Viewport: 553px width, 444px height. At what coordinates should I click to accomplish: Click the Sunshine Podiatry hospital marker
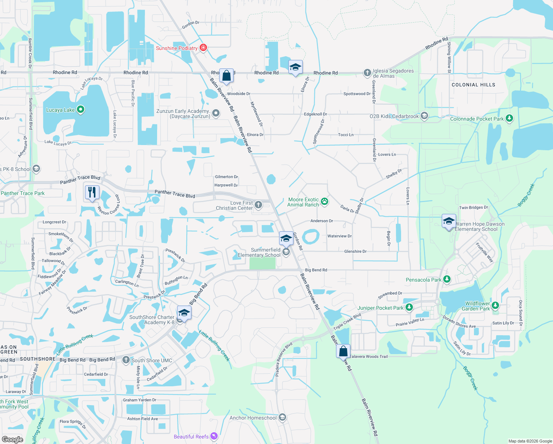(203, 48)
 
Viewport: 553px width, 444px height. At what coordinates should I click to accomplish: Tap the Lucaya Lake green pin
(81, 110)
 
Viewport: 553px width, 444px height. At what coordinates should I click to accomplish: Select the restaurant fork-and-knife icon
(92, 192)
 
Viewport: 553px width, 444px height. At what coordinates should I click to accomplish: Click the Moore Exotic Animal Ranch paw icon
(325, 202)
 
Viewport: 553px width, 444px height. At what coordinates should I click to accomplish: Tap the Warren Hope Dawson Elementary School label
(479, 226)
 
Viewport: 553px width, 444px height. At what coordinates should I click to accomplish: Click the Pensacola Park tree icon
(447, 279)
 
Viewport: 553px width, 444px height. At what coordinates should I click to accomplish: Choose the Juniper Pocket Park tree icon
(409, 307)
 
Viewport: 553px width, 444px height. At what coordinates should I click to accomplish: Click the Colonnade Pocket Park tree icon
(509, 118)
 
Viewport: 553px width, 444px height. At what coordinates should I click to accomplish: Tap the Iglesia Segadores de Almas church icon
(367, 73)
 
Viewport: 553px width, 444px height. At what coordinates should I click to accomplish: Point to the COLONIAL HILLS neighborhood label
(473, 85)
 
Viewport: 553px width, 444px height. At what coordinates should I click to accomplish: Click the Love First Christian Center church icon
(258, 205)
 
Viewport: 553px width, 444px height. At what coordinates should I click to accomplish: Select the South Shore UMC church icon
(126, 360)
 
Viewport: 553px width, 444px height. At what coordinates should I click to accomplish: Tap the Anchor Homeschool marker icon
(282, 418)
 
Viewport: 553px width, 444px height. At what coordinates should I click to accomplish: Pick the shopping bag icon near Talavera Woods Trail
(343, 351)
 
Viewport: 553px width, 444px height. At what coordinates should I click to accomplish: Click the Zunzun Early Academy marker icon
(216, 113)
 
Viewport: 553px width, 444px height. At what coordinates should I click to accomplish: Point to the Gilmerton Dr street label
(226, 177)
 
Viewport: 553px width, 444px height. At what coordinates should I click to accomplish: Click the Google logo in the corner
(13, 439)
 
